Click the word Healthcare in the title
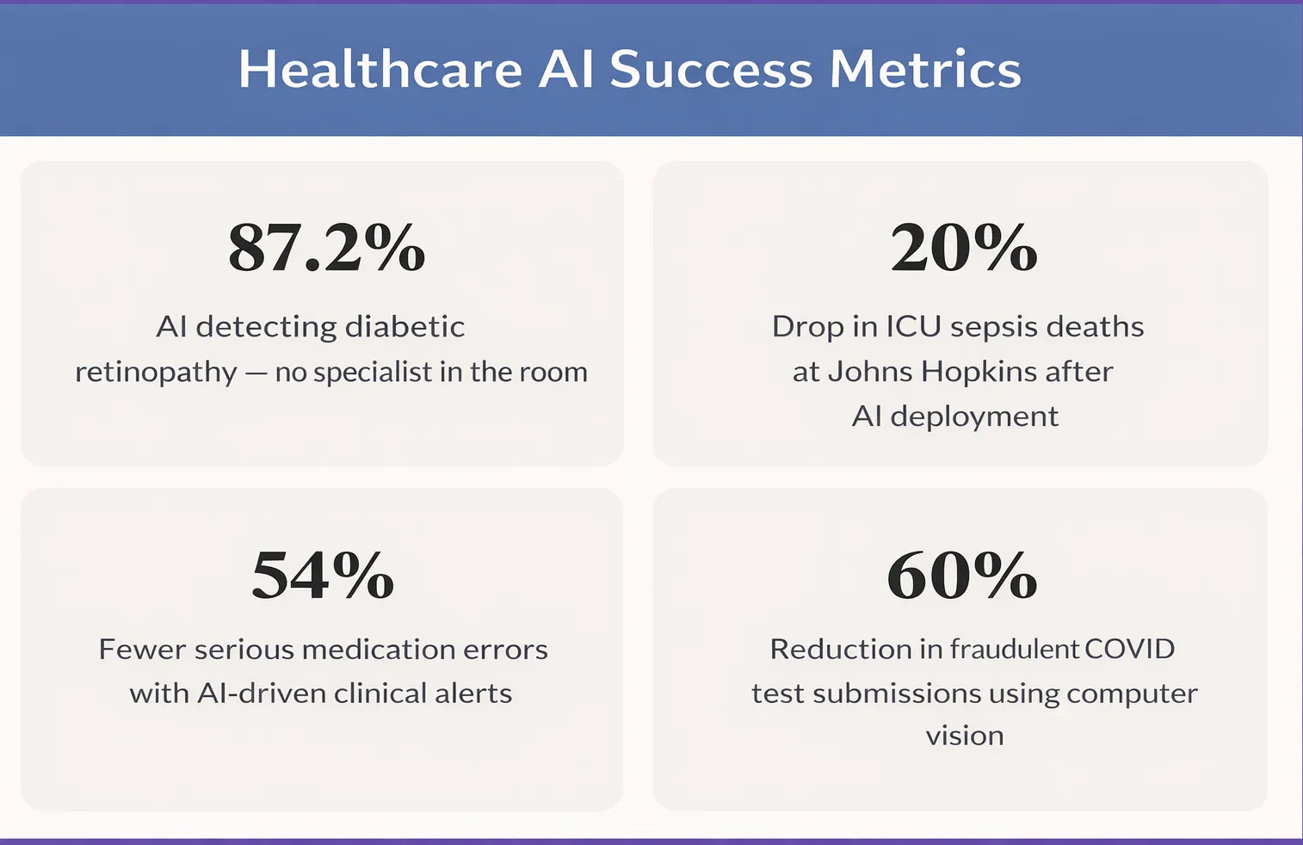[x=381, y=69]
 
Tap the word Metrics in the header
[x=925, y=69]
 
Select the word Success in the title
[x=710, y=69]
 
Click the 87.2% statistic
[x=326, y=247]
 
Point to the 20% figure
[x=964, y=247]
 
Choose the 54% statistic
[x=323, y=575]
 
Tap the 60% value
[x=962, y=575]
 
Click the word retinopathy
[x=156, y=373]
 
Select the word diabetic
[x=404, y=326]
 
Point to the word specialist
[x=373, y=373]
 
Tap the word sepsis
[x=994, y=327]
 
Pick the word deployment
[x=974, y=417]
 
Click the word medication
[x=379, y=649]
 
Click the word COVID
[x=1129, y=649]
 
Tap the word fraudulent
[x=1015, y=649]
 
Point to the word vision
[x=965, y=737]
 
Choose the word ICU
[x=913, y=326]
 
